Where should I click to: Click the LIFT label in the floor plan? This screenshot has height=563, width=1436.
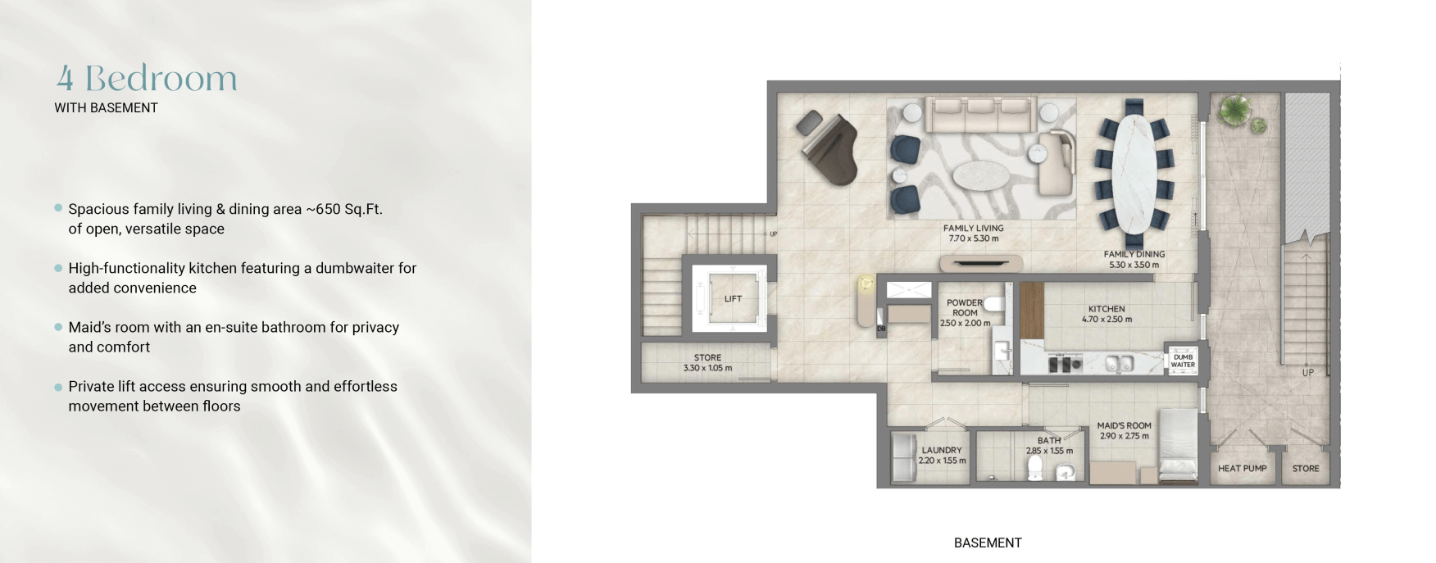pos(733,299)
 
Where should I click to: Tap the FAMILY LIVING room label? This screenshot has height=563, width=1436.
pos(973,229)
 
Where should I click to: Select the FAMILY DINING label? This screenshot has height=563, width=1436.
pos(1134,255)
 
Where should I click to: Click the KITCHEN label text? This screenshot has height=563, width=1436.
pos(1107,309)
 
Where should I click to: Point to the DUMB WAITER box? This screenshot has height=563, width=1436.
pos(1182,361)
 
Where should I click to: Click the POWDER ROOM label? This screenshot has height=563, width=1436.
pos(965,307)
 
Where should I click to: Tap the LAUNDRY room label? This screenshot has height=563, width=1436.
pos(942,450)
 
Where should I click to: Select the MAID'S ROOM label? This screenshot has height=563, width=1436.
pos(1124,426)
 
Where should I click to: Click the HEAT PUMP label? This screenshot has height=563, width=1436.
pos(1242,469)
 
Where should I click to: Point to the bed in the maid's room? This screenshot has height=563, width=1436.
pos(1177,447)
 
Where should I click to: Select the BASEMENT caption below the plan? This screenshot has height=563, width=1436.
pos(988,543)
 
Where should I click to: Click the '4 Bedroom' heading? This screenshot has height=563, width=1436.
pos(147,78)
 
